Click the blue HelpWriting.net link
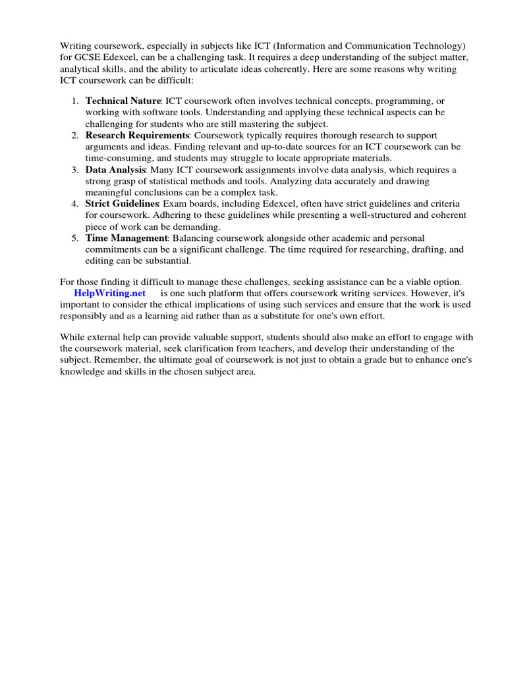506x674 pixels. click(x=109, y=292)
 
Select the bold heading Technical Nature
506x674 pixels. click(x=123, y=101)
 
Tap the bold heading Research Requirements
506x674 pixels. click(x=137, y=135)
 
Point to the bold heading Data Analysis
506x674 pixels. click(x=115, y=170)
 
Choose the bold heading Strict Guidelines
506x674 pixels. click(x=122, y=204)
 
